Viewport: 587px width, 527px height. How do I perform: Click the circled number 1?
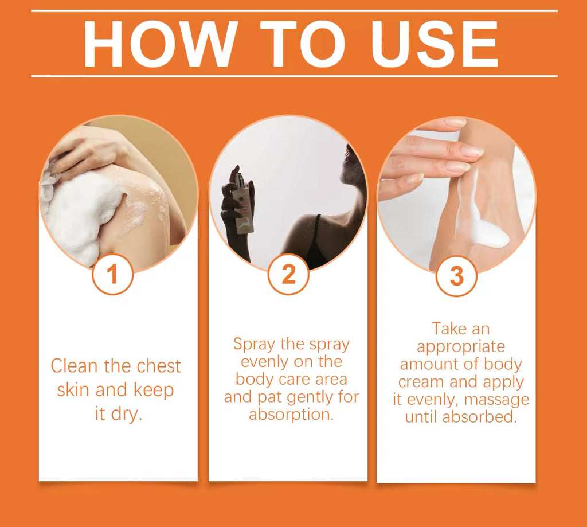point(112,274)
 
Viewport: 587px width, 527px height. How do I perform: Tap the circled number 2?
point(288,274)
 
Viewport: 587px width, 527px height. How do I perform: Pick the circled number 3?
point(456,276)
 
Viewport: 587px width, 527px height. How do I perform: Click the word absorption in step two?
point(291,415)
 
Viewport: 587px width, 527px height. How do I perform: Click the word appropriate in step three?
point(461,347)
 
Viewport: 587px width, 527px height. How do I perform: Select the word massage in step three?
point(496,400)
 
